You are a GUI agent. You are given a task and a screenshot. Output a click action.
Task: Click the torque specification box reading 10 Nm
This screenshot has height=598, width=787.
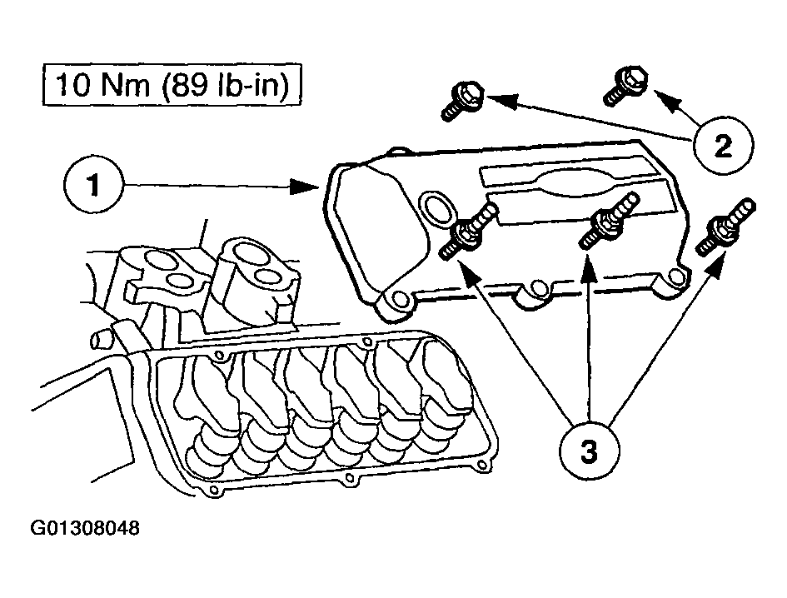click(172, 86)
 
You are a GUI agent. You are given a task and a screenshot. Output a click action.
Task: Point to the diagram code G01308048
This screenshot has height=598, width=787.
click(85, 529)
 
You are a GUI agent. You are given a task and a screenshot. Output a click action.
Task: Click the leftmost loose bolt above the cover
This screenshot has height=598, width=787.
click(462, 98)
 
